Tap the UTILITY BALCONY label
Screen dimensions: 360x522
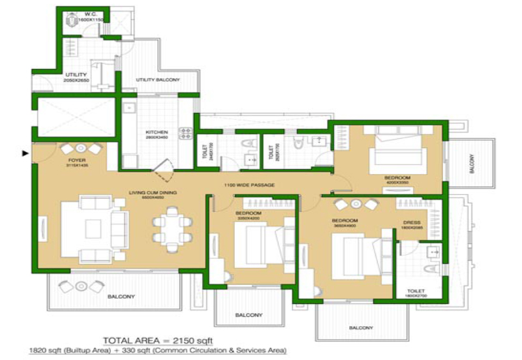[157, 80]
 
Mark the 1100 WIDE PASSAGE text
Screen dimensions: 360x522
[249, 185]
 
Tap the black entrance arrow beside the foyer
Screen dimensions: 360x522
[25, 154]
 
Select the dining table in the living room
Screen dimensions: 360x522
[169, 225]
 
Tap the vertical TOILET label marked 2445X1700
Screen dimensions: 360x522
[203, 153]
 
